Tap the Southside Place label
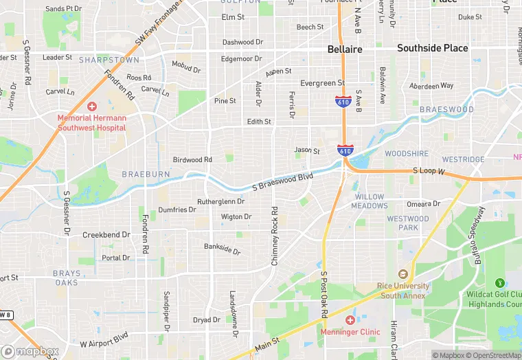click(433, 48)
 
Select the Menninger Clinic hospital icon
click(350, 320)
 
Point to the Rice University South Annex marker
click(402, 274)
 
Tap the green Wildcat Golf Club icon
click(499, 282)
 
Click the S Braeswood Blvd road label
click(282, 181)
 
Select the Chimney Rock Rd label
click(275, 229)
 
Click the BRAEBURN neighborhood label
click(146, 175)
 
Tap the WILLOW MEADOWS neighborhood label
click(369, 201)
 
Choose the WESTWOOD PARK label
click(407, 223)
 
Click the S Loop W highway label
click(429, 170)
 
